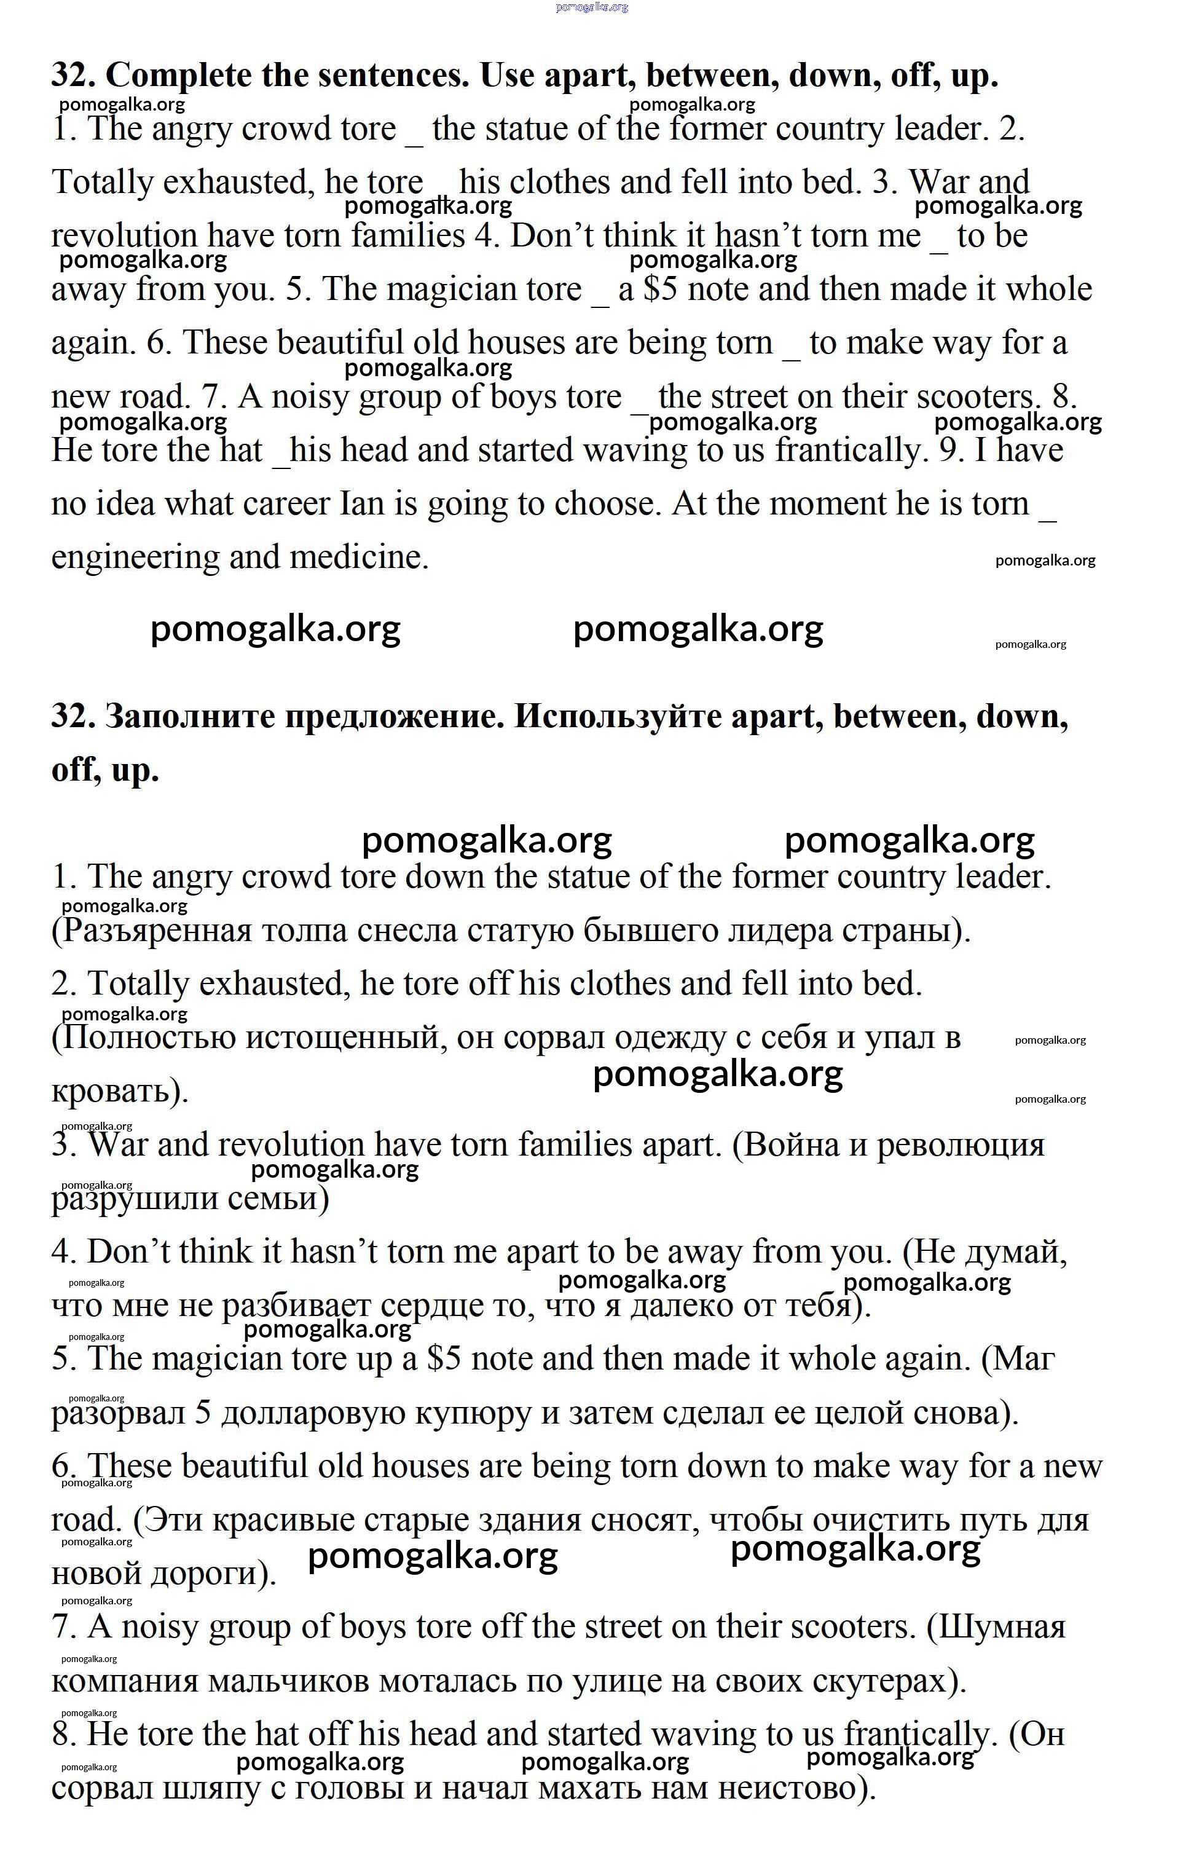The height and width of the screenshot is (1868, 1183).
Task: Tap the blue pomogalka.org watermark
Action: [592, 7]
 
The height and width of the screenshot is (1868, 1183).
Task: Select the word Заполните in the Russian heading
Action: [190, 716]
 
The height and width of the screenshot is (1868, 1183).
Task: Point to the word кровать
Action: [116, 1092]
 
